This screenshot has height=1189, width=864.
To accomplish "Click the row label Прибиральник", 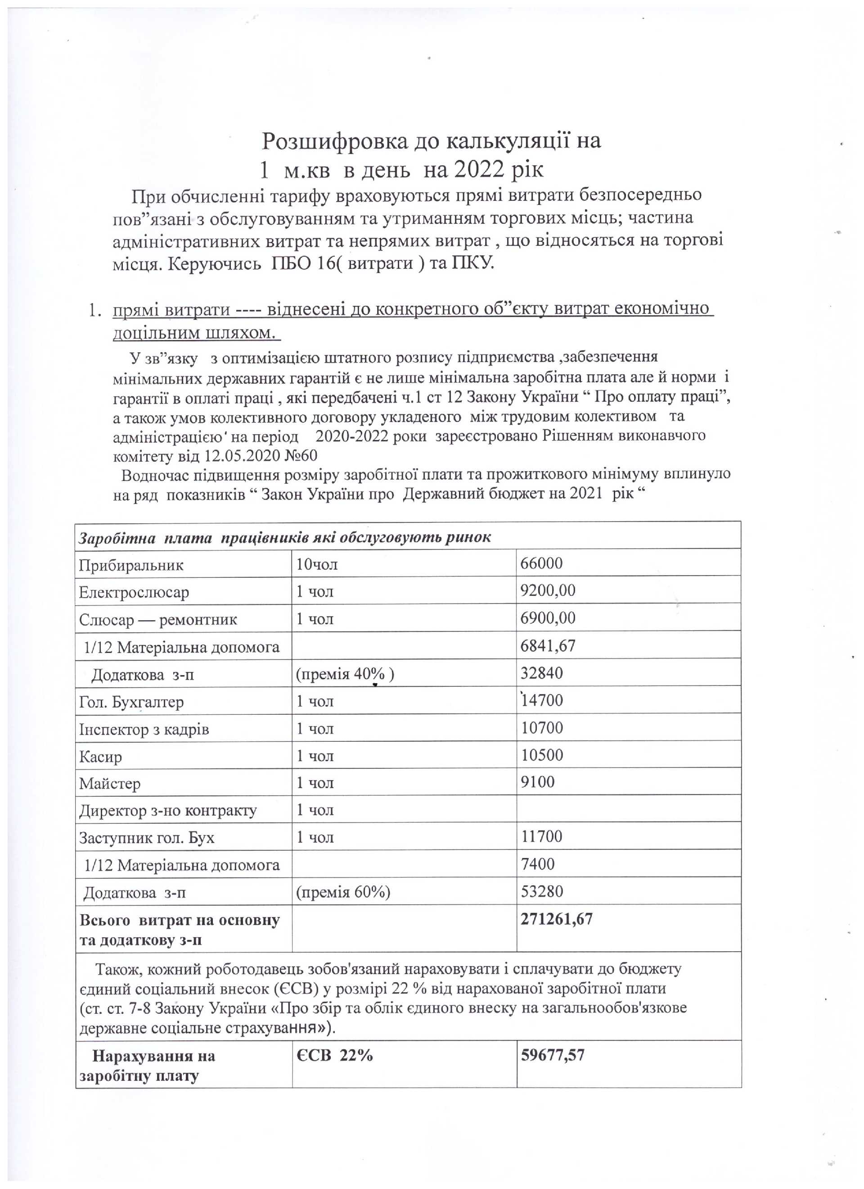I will pyautogui.click(x=131, y=565).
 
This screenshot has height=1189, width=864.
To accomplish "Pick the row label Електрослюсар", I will pyautogui.click(x=134, y=592).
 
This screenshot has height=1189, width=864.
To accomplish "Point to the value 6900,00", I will pyautogui.click(x=548, y=617).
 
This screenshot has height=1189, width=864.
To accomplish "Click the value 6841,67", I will pyautogui.click(x=548, y=645).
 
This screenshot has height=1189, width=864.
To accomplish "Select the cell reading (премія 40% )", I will pyautogui.click(x=345, y=673).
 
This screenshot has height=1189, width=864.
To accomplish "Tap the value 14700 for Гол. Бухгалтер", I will pyautogui.click(x=542, y=700).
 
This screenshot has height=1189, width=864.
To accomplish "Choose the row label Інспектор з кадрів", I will pyautogui.click(x=144, y=729).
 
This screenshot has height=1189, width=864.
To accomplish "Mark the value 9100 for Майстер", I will pyautogui.click(x=538, y=782).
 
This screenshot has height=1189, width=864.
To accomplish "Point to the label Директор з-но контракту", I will pyautogui.click(x=168, y=811).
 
